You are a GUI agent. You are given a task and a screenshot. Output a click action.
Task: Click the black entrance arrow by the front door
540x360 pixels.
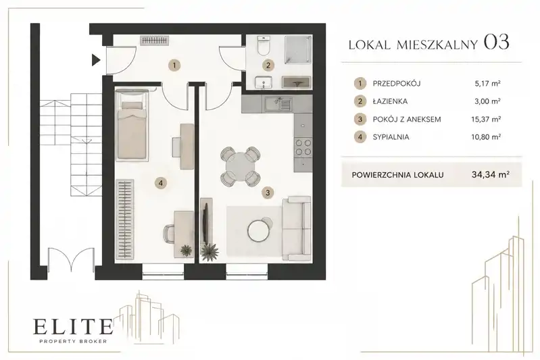click(x=95, y=60)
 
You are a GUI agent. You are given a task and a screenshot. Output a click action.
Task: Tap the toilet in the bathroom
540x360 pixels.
click(x=264, y=46)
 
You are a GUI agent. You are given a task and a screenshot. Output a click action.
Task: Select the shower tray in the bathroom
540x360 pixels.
click(x=297, y=49)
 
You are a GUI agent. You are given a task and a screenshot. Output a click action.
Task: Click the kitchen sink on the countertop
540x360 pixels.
click(x=278, y=104)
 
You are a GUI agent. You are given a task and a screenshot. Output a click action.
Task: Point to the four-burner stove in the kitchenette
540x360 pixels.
click(x=303, y=147)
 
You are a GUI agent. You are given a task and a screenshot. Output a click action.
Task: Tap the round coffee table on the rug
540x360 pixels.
click(x=259, y=230)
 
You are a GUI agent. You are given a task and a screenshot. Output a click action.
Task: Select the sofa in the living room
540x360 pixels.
click(x=297, y=228)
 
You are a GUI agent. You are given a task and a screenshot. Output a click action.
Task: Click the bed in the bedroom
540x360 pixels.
click(x=132, y=125)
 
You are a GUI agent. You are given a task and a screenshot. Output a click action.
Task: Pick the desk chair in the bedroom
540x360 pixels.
click(x=170, y=234)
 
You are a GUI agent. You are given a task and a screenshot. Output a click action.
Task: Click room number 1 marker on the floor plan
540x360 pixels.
click(x=174, y=65)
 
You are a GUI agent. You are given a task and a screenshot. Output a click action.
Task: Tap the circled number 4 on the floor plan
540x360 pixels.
click(x=161, y=183)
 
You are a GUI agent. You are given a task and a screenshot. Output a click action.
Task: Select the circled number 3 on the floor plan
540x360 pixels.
click(x=268, y=192)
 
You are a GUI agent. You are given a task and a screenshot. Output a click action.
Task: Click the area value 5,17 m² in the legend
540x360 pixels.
click(x=487, y=83)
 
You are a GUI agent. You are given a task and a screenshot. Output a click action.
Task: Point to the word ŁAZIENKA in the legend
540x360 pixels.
click(x=390, y=101)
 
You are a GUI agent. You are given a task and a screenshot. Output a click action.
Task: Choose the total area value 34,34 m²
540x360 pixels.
click(x=491, y=174)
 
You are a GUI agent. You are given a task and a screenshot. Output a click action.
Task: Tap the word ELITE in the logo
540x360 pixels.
click(x=73, y=327)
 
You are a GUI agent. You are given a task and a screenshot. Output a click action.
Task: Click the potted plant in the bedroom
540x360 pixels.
click(x=187, y=250)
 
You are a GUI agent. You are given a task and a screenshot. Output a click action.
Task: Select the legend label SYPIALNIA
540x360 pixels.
click(x=391, y=137)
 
